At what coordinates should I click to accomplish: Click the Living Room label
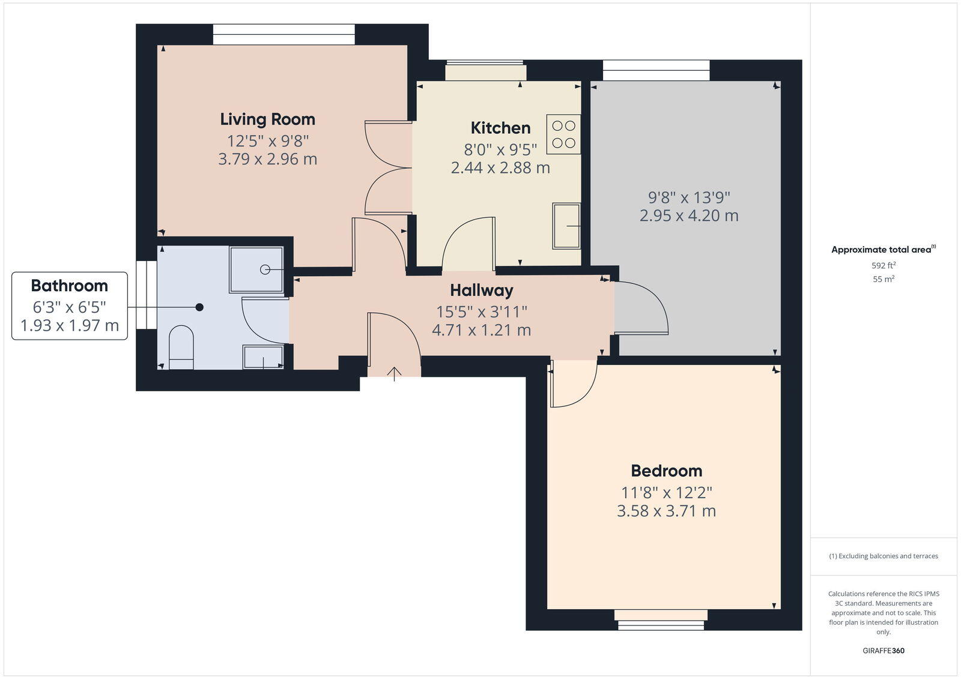point(267,119)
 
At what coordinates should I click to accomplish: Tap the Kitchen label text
point(500,128)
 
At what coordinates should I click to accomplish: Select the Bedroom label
point(666,471)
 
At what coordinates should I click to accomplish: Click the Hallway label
point(482,290)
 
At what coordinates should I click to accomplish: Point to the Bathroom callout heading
point(70,286)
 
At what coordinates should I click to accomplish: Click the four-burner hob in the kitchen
point(563,134)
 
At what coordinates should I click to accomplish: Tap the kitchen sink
point(566,226)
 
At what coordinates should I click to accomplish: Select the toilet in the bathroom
point(181,347)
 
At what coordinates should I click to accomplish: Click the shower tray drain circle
point(265,269)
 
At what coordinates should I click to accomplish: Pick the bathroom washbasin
point(263,357)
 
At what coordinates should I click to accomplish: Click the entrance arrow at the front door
point(394,374)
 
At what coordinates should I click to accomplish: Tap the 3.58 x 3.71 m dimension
point(666,511)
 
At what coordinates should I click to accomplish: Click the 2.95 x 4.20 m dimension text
point(688,215)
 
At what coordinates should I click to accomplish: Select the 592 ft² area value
point(884,265)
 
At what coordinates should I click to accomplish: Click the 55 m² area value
point(884,279)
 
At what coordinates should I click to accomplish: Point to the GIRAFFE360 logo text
point(884,651)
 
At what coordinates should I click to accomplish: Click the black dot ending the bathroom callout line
point(199,307)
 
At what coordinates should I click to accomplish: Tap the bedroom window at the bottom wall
point(661,619)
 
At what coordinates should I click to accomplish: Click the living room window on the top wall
point(283,34)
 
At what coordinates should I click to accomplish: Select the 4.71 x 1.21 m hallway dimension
point(482,330)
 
